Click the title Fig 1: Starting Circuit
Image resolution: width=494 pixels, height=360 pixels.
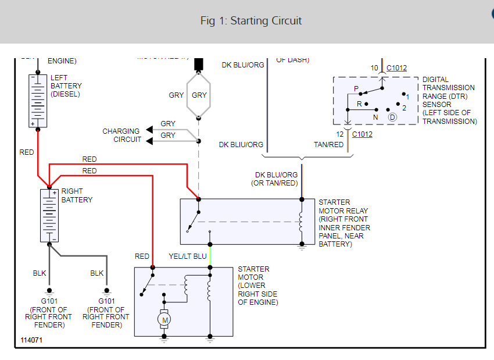point(251,21)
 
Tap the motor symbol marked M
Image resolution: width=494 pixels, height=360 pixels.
point(164,319)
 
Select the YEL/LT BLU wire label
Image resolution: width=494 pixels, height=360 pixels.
point(188,256)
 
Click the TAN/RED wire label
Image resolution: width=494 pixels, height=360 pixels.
point(329,145)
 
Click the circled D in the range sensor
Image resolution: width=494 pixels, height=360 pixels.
point(392,117)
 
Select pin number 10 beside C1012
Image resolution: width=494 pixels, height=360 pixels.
point(374,68)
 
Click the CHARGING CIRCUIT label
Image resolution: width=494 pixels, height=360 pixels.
point(121,136)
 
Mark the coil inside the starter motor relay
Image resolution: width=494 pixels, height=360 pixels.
point(301,221)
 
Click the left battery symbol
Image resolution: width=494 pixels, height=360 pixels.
point(38,101)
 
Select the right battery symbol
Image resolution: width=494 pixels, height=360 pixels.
point(49,215)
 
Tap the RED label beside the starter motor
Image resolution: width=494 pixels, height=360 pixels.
point(142,256)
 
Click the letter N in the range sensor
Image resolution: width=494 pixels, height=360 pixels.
point(375,117)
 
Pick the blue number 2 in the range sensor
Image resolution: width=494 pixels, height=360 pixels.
point(404,108)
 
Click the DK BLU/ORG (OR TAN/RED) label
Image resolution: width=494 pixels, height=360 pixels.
point(276,179)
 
